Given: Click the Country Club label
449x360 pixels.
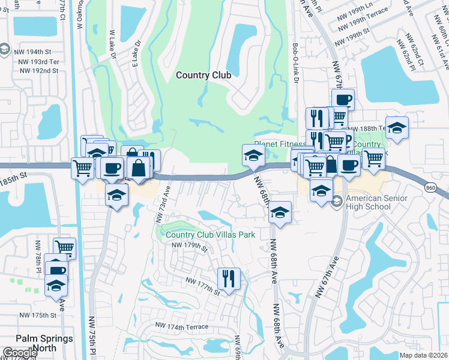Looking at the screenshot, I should [x=203, y=75].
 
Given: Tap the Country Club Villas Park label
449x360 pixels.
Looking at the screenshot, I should [x=211, y=235].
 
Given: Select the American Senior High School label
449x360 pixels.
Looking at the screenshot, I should [x=378, y=203].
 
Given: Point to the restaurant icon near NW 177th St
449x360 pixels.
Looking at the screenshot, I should [x=229, y=278].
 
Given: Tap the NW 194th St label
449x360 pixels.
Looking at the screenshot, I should [x=38, y=53].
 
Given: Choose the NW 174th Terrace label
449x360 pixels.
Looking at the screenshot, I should [x=181, y=326].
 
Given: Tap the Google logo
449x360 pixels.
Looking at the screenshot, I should [x=20, y=353].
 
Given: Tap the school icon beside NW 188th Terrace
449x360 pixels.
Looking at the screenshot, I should [x=397, y=128].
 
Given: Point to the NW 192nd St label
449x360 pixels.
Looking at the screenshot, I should [x=39, y=70].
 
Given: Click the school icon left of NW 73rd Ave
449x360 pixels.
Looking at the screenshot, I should [x=117, y=195].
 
